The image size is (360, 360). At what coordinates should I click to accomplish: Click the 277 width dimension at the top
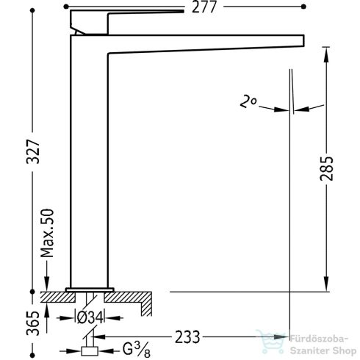[204, 7]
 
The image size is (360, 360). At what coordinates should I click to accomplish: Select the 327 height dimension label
[33, 151]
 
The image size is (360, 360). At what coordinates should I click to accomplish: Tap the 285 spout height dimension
[326, 168]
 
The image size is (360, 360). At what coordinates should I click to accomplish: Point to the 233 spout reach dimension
[187, 337]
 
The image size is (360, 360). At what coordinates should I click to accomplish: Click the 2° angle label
[248, 102]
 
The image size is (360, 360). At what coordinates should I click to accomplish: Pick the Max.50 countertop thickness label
[47, 233]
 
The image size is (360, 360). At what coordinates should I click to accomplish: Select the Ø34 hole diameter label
[90, 318]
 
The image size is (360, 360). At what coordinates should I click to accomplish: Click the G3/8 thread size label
[137, 350]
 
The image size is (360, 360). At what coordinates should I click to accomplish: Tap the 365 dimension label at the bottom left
[33, 323]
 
